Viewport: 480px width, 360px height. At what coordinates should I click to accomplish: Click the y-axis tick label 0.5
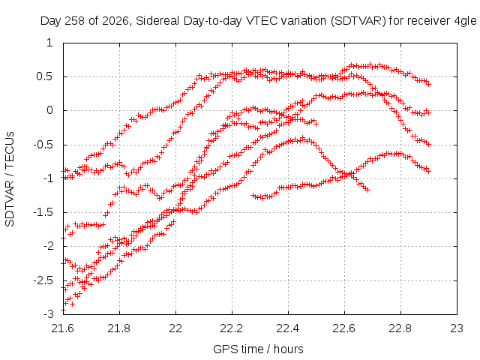45,76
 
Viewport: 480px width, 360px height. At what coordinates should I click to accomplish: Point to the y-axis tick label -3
49,314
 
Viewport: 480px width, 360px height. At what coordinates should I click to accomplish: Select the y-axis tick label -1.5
43,212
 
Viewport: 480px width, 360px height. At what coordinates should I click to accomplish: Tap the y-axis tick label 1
50,43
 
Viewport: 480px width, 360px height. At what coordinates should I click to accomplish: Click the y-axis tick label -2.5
43,280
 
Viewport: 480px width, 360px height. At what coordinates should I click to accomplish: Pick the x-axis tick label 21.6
63,328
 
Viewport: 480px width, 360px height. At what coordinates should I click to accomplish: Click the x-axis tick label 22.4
288,328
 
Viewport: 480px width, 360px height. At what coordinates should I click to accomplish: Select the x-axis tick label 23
457,328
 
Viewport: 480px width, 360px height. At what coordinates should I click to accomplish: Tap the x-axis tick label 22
175,328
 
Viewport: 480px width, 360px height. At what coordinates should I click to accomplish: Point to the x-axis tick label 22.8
400,328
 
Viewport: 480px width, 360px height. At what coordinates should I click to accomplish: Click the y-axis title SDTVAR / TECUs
10,179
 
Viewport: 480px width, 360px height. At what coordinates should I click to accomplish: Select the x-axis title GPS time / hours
258,349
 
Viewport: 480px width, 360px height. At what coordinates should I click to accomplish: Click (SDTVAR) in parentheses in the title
358,22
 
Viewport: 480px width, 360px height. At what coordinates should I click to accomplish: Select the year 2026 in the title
115,22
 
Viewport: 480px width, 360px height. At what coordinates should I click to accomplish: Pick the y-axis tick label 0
50,110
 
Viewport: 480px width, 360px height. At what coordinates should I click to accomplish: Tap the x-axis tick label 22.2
232,328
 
